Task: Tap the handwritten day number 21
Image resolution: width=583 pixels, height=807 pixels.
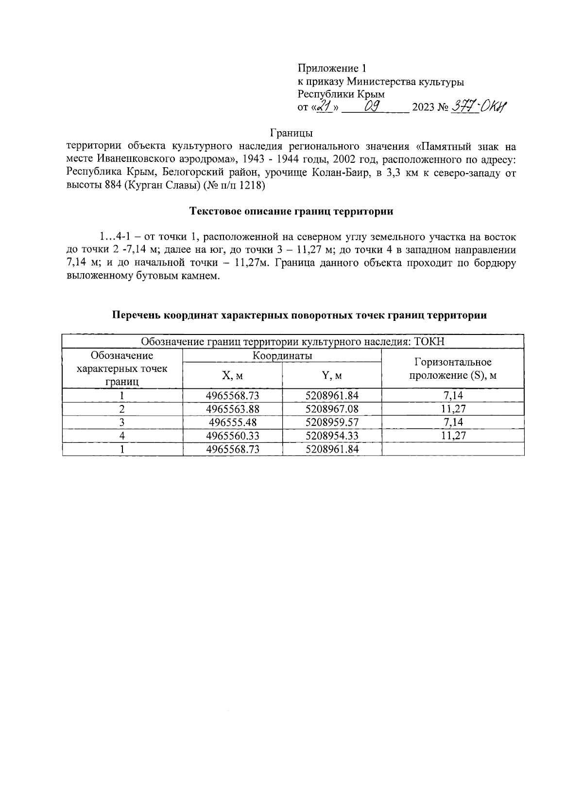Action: point(324,106)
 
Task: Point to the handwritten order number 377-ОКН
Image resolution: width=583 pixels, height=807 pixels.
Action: point(478,106)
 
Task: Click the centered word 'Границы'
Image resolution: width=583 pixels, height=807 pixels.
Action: point(291,132)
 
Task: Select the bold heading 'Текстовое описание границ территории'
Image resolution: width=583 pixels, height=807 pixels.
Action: point(291,211)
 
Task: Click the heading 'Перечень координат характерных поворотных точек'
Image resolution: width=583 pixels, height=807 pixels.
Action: point(299,315)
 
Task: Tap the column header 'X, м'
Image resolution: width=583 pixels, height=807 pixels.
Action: point(233,376)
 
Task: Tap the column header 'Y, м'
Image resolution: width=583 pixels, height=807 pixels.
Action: point(332,376)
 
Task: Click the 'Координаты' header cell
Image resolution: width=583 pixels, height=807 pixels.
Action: point(282,356)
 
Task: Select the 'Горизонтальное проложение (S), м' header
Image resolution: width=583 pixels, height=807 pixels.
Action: point(452,368)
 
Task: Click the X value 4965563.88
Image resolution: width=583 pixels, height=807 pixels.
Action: point(233,409)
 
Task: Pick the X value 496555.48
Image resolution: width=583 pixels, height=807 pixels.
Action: point(233,422)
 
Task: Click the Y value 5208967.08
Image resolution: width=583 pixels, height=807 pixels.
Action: point(332,409)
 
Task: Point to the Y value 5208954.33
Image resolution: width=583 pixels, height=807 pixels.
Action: point(332,436)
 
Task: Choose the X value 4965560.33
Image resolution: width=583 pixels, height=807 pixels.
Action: point(233,436)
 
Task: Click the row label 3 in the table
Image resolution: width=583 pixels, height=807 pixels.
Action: point(122,422)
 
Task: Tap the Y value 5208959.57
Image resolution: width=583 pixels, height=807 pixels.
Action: point(332,422)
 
